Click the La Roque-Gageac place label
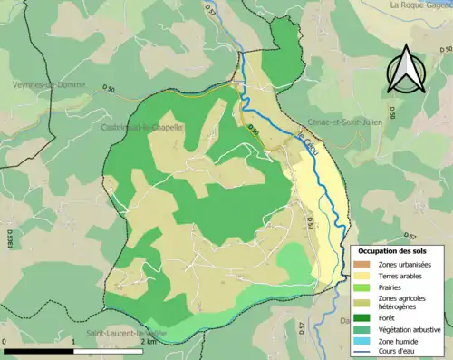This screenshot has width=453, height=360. tap(420, 5)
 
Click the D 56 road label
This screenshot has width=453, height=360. tap(255, 131)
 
